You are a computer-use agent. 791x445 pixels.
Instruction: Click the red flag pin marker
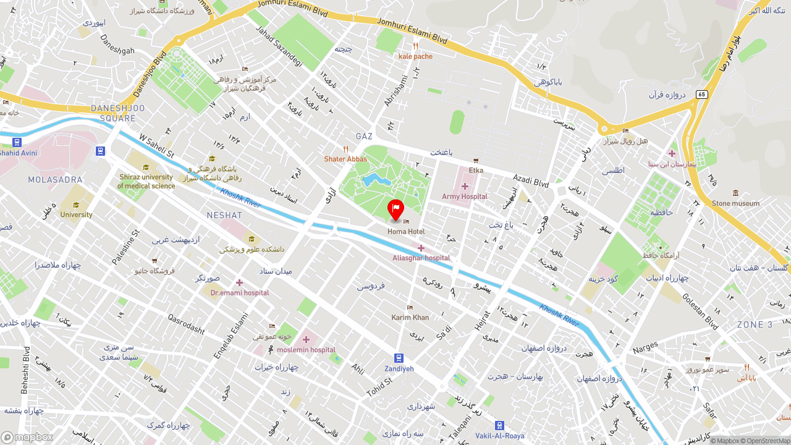pyautogui.click(x=395, y=209)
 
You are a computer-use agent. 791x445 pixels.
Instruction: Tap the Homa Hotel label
pyautogui.click(x=406, y=231)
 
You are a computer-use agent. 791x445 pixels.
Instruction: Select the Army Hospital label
pyautogui.click(x=465, y=197)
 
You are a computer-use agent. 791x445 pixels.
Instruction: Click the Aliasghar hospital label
pyautogui.click(x=421, y=258)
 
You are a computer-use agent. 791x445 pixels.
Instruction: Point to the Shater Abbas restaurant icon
pyautogui.click(x=345, y=150)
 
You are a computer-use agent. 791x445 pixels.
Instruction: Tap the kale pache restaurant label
pyautogui.click(x=415, y=56)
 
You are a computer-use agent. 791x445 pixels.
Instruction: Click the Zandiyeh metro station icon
pyautogui.click(x=399, y=358)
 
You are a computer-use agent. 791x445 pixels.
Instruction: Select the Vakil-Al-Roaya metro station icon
pyautogui.click(x=499, y=425)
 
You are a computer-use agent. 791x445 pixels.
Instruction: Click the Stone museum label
pyautogui.click(x=735, y=203)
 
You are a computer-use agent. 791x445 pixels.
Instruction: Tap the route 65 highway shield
pyautogui.click(x=701, y=94)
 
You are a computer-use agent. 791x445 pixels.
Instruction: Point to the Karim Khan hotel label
pyautogui.click(x=410, y=318)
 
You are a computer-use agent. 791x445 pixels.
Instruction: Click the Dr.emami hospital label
pyautogui.click(x=240, y=292)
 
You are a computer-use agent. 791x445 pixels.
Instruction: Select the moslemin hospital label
pyautogui.click(x=306, y=350)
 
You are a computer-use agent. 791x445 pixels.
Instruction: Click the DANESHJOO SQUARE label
pyautogui.click(x=117, y=113)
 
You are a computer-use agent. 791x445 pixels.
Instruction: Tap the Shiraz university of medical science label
pyautogui.click(x=146, y=181)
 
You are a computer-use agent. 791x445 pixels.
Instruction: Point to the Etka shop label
pyautogui.click(x=476, y=170)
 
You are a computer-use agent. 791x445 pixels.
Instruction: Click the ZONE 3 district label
pyautogui.click(x=755, y=324)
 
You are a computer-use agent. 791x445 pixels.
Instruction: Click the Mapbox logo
pyautogui.click(x=27, y=437)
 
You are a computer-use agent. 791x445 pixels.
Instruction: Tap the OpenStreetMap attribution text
pyautogui.click(x=768, y=441)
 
